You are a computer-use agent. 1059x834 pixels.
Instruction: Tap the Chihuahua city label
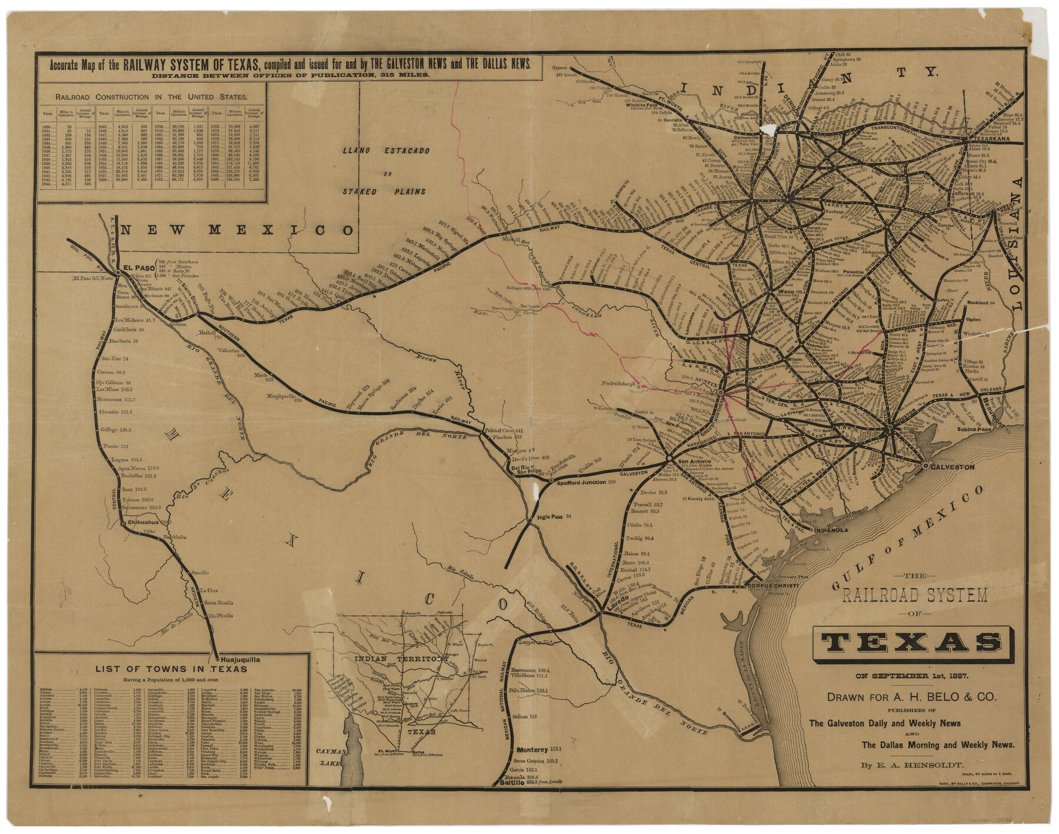pyautogui.click(x=143, y=522)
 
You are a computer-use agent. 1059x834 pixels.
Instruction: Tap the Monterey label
pyautogui.click(x=532, y=750)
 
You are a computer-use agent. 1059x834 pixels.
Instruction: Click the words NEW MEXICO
pyautogui.click(x=238, y=230)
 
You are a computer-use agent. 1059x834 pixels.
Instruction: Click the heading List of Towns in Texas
pyautogui.click(x=171, y=669)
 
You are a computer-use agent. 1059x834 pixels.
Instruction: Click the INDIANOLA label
pyautogui.click(x=831, y=530)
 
